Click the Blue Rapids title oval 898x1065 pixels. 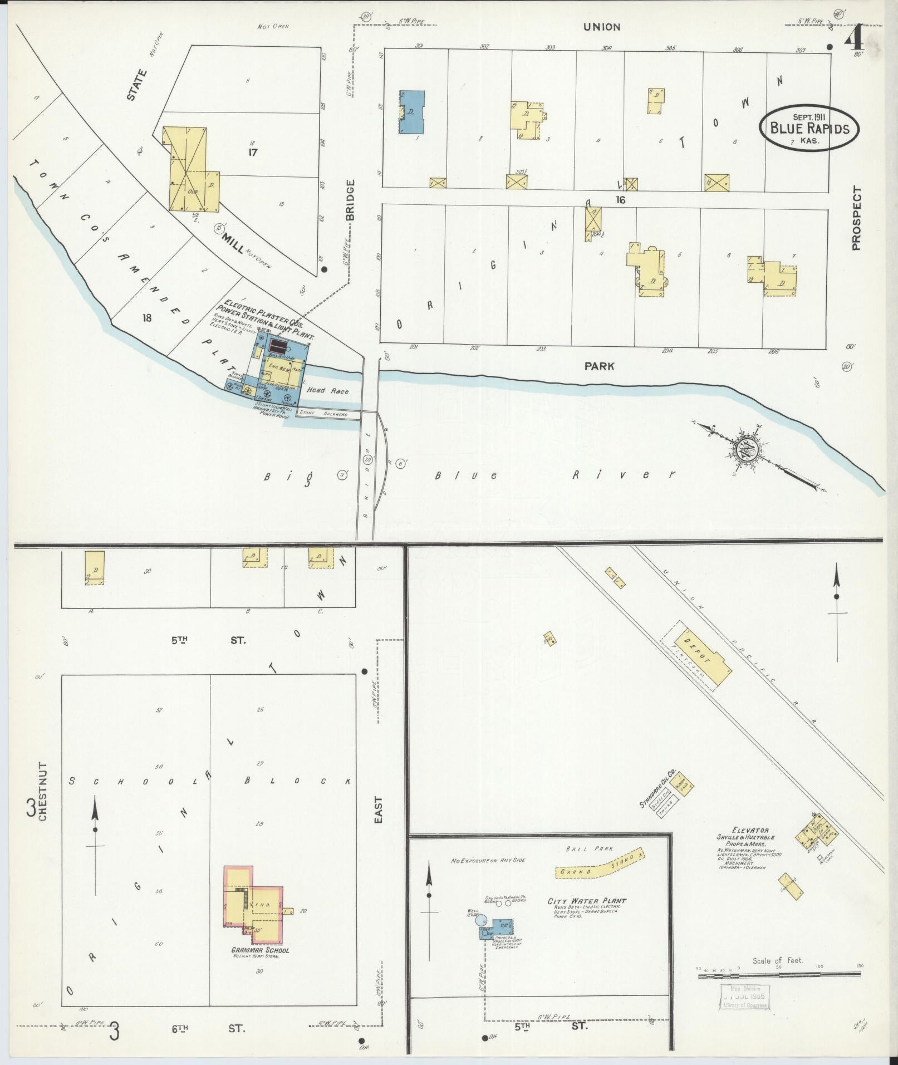point(809,127)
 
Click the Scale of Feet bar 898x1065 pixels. point(779,975)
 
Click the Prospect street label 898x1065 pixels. point(856,218)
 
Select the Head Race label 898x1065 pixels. point(331,391)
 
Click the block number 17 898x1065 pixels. point(253,152)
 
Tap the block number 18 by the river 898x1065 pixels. point(146,318)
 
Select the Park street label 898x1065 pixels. point(599,366)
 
